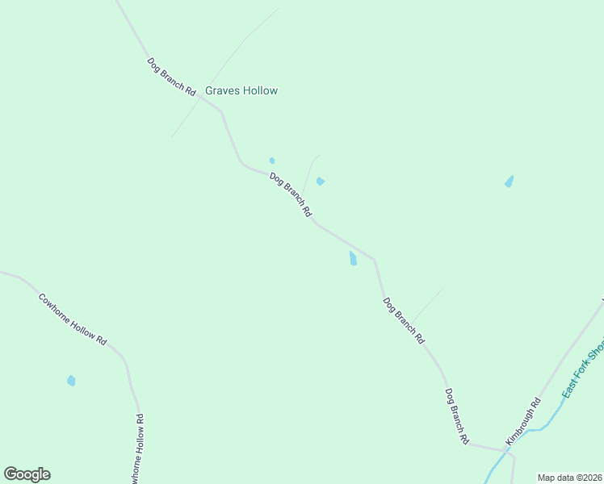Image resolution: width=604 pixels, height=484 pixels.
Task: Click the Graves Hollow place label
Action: pos(241,91)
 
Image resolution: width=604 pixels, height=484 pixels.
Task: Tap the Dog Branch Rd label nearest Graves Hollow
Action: pos(172,77)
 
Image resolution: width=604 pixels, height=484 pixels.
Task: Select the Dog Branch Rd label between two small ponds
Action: pos(291,195)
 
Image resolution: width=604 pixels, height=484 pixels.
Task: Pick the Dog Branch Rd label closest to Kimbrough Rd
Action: pos(456,416)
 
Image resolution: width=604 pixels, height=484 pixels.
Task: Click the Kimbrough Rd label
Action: pos(523,422)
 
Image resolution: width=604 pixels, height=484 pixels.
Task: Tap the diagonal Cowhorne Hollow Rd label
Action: pos(73,319)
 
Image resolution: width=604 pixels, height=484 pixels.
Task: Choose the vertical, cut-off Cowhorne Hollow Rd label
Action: pos(138,448)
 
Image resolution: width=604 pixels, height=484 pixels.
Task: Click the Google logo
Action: pos(27,474)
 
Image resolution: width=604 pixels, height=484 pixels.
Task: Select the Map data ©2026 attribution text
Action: pos(569,478)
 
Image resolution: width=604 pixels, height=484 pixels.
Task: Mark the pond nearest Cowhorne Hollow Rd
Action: pos(71,381)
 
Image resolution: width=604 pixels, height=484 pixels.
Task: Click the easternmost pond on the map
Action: pos(509,181)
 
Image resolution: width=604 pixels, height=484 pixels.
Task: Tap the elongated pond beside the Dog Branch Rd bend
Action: pos(352,258)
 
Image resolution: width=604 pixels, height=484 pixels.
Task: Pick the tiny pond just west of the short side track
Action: pos(272,161)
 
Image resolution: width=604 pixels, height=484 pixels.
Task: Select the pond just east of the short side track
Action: pos(321,181)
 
